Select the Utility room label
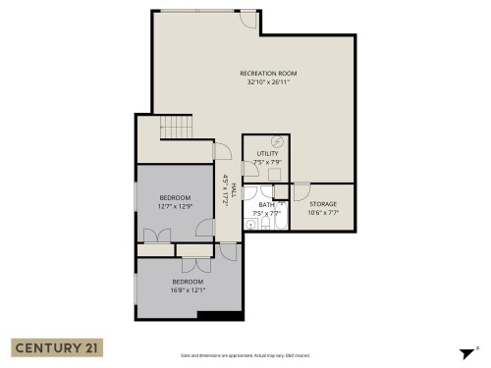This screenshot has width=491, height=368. [x=268, y=154]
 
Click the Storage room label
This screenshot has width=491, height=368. [x=323, y=204]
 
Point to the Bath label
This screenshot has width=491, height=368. [x=266, y=204]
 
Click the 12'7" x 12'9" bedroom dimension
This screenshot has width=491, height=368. [x=175, y=206]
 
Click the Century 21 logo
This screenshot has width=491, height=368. [x=56, y=347]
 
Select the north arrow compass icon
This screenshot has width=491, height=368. [x=465, y=352]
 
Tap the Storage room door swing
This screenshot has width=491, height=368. [x=301, y=191]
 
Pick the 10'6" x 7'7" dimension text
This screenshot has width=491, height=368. [x=323, y=213]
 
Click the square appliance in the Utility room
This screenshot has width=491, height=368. [x=278, y=175]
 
